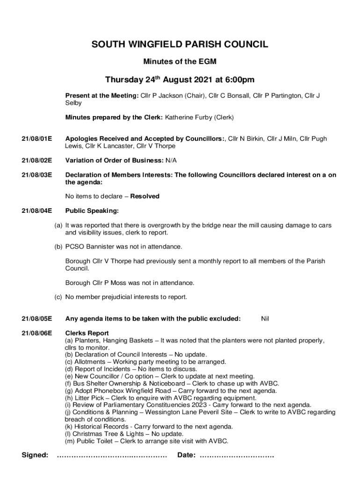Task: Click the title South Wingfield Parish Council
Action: point(180,45)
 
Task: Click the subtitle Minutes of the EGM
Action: point(180,61)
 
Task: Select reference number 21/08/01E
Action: point(37,139)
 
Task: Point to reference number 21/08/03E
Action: point(37,175)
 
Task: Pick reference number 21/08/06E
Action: point(37,334)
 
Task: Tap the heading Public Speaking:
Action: point(92,211)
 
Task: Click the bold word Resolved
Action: point(144,196)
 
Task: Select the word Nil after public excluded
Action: point(265,319)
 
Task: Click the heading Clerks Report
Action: point(87,334)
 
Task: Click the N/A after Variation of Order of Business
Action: point(171,160)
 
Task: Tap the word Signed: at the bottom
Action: point(35,455)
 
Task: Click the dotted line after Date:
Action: point(237,456)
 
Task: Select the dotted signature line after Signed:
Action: point(112,456)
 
